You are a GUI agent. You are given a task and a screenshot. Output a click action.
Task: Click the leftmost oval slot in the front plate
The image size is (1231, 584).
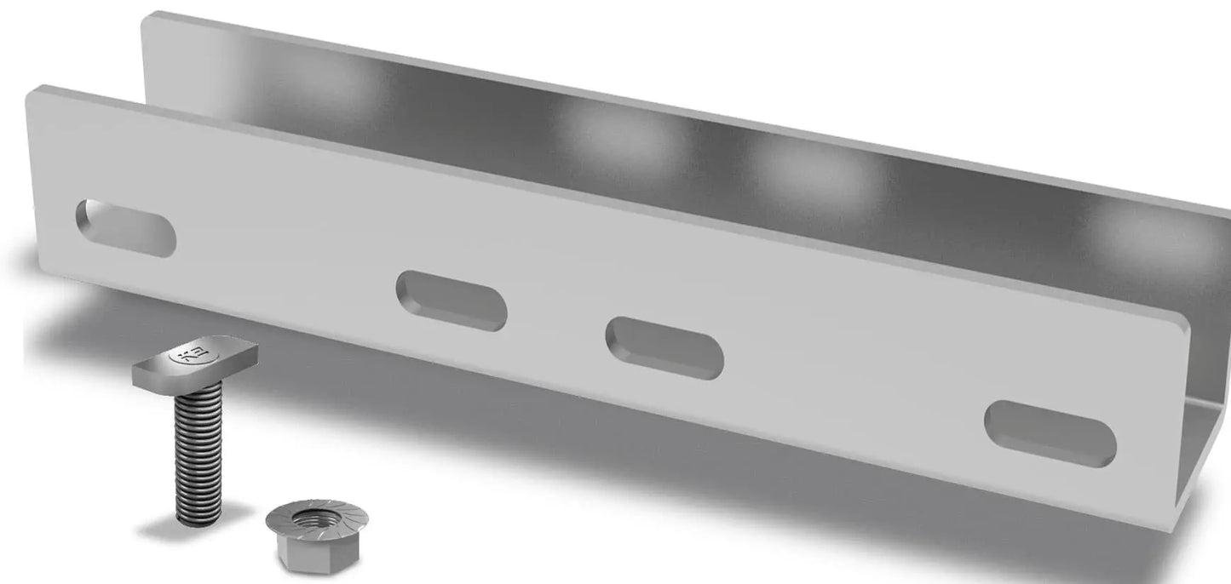[125, 226]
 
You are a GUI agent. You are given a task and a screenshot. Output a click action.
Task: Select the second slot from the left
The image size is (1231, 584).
[452, 300]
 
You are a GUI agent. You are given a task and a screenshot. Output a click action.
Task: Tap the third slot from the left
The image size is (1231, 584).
[664, 347]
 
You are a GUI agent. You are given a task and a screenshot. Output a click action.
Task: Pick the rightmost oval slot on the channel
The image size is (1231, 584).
[1050, 433]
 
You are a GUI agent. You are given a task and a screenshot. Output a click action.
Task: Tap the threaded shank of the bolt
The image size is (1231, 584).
[198, 451]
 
